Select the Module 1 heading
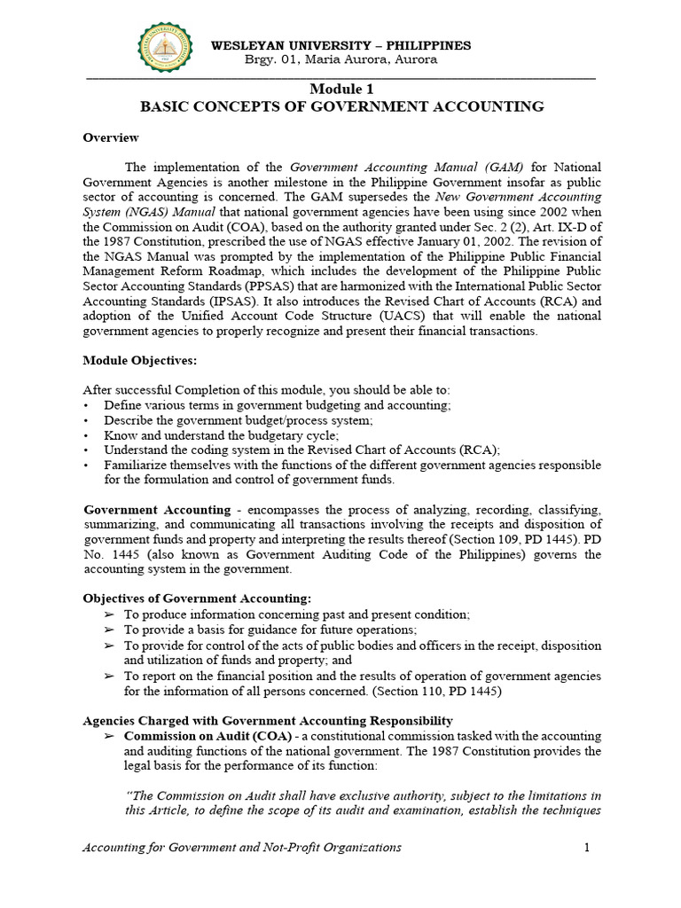click(341, 90)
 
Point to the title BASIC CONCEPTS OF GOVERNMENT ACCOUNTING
click(341, 107)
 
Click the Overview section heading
click(111, 137)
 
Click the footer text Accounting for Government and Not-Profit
click(241, 848)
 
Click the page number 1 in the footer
click(586, 848)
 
